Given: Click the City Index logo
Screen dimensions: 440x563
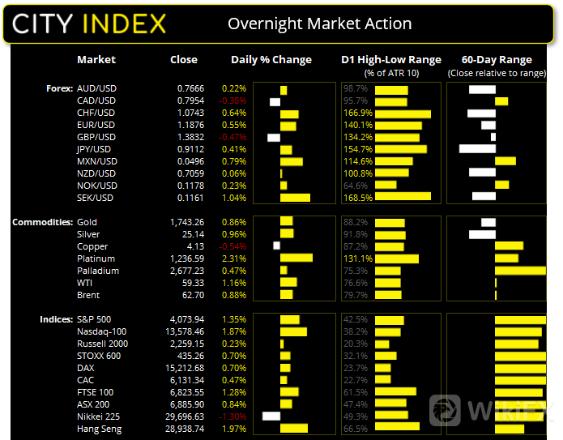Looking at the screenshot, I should pos(90,23).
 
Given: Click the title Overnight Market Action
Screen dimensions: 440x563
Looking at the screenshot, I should pos(319,23).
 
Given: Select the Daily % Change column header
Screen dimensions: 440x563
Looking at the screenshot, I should pos(271,60).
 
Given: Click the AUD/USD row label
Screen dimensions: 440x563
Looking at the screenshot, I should pos(96,88).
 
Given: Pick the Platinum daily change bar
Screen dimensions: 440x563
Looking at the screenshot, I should pos(296,258).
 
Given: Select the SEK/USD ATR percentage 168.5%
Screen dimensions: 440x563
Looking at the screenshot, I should pos(359,198).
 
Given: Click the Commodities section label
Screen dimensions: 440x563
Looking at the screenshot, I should pos(40,222).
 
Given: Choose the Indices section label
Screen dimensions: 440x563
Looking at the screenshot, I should pos(55,319).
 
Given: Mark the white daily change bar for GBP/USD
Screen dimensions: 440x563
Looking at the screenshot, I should pos(273,137).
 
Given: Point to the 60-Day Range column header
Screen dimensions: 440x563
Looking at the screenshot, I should pos(496,60).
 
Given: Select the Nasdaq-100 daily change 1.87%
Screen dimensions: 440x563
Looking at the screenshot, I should pos(234,331).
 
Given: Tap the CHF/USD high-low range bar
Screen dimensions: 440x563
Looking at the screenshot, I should pos(403,113).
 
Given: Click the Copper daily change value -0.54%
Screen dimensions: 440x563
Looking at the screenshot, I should pos(233,246).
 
